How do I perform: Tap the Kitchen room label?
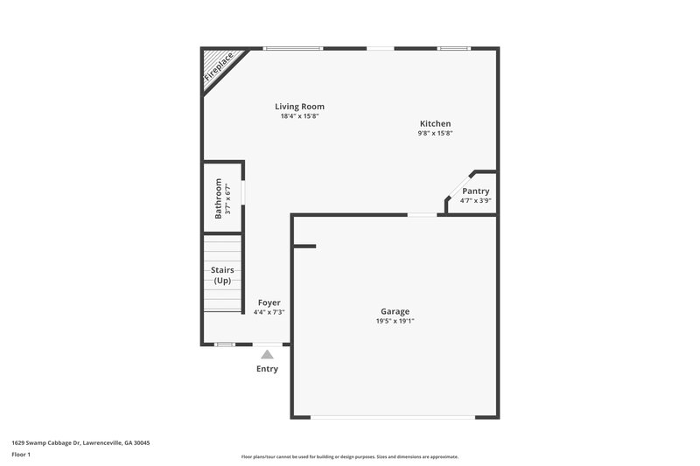(x=435, y=124)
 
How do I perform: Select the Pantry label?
(x=476, y=191)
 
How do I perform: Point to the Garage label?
(x=395, y=311)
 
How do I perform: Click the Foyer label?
(x=269, y=303)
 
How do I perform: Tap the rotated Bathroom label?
(x=219, y=198)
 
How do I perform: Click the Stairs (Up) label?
(x=222, y=275)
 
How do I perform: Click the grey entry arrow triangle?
(x=267, y=354)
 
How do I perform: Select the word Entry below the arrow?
(x=267, y=369)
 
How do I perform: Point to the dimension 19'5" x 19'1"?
(x=395, y=321)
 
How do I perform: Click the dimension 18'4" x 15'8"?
(x=299, y=116)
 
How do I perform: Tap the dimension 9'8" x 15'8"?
(x=435, y=133)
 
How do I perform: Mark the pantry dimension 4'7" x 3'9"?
(x=476, y=200)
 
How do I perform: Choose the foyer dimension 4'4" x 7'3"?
(x=269, y=312)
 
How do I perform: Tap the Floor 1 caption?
(x=21, y=456)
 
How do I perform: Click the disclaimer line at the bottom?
(x=349, y=456)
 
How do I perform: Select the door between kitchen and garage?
(x=422, y=214)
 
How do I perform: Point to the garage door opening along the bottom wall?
(x=395, y=417)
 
